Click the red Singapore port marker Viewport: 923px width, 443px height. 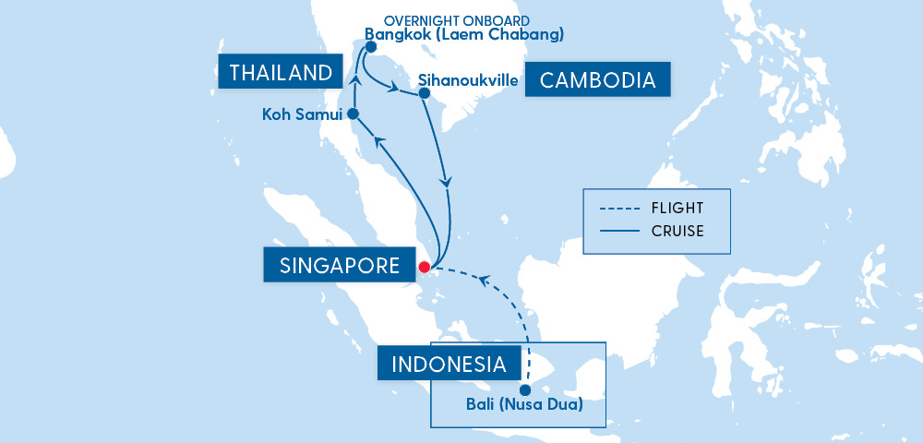pyautogui.click(x=425, y=268)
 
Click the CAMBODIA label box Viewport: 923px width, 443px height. pyautogui.click(x=597, y=80)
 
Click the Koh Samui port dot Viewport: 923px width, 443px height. pyautogui.click(x=353, y=114)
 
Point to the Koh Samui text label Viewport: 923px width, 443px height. pyautogui.click(x=302, y=114)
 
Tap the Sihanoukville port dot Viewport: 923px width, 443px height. pyautogui.click(x=424, y=93)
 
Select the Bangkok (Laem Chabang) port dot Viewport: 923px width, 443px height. pyautogui.click(x=370, y=46)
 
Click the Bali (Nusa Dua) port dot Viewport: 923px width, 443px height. pyautogui.click(x=525, y=389)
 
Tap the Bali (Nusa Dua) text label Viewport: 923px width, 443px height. pyautogui.click(x=524, y=405)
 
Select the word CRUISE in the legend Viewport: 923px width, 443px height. pyautogui.click(x=677, y=231)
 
